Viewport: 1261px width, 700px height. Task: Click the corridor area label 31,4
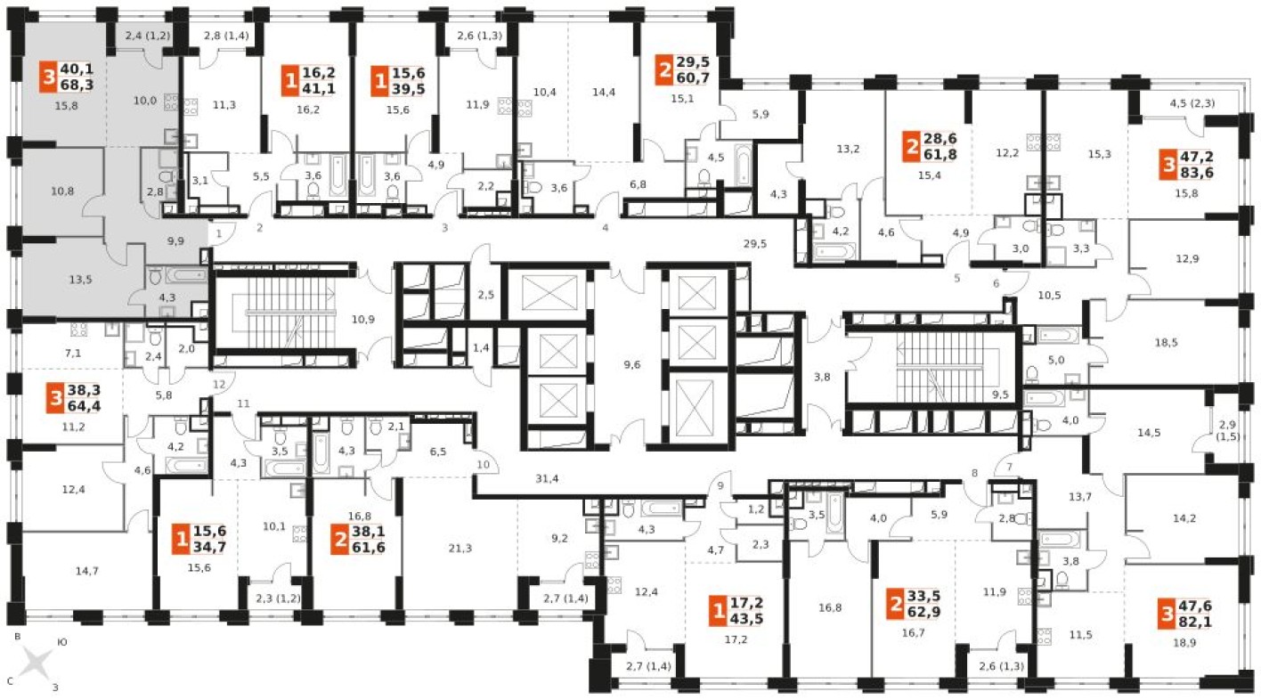point(547,478)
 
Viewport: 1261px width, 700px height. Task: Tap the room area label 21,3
point(460,548)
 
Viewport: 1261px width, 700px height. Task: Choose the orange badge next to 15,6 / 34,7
point(183,539)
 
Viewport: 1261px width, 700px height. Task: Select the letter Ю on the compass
point(61,641)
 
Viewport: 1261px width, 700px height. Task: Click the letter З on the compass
point(55,687)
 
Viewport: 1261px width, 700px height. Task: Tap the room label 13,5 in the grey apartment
point(81,278)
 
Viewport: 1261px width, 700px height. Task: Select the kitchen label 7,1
point(73,353)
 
